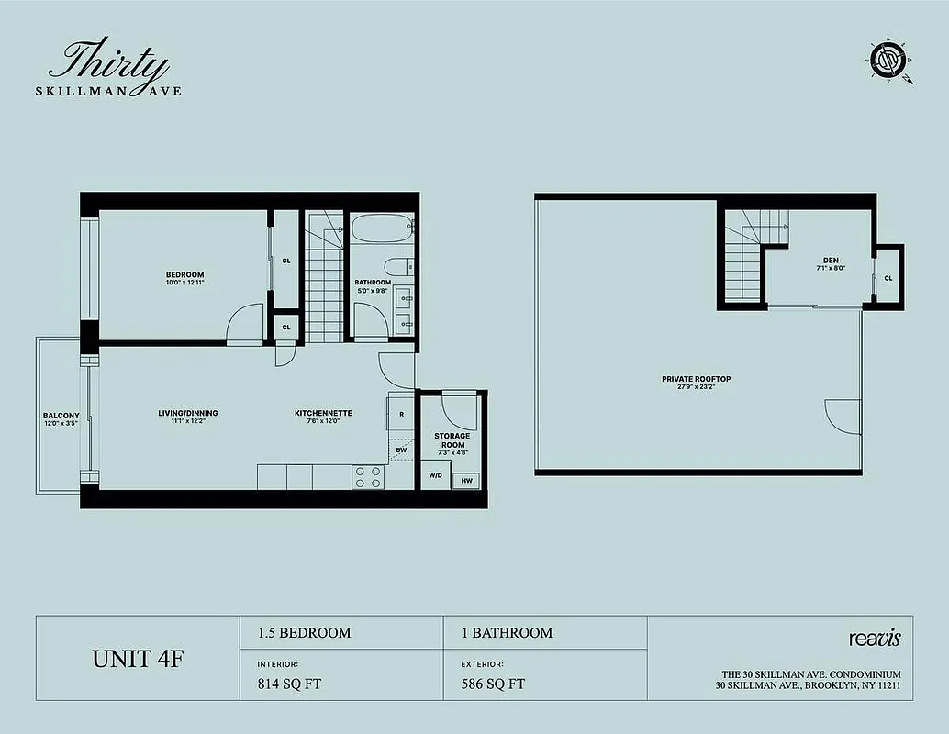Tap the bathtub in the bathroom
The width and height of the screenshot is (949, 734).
pos(381,228)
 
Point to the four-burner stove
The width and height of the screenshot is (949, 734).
pos(368,477)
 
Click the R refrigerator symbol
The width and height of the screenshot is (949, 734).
pos(402,414)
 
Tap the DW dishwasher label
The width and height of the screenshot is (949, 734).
pos(401,450)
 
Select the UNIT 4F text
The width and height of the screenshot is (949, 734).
pos(138,658)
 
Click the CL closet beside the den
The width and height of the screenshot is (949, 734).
pos(888,278)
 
